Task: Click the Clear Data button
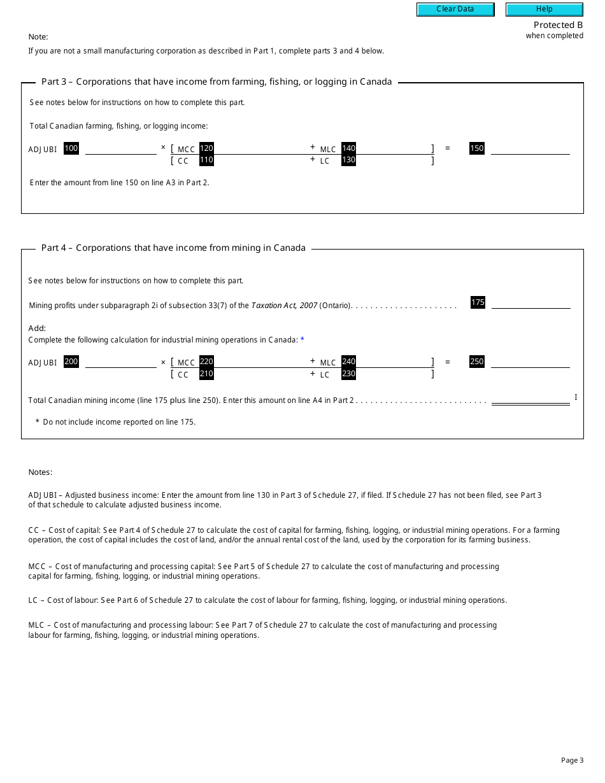[x=455, y=9]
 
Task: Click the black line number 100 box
[x=71, y=148]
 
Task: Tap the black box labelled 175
[x=478, y=302]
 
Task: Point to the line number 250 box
[x=477, y=362]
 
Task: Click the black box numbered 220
[x=206, y=362]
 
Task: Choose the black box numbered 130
[x=348, y=160]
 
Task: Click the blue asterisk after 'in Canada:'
[x=302, y=340]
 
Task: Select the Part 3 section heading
[x=217, y=81]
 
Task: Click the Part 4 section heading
[x=173, y=248]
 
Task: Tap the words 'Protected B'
[x=558, y=25]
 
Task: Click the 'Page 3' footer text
[x=572, y=760]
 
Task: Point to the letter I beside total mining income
[x=576, y=397]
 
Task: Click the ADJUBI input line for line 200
[x=120, y=362]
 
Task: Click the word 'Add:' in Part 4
[x=37, y=328]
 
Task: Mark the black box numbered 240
[x=348, y=362]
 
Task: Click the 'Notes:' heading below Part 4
[x=40, y=472]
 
